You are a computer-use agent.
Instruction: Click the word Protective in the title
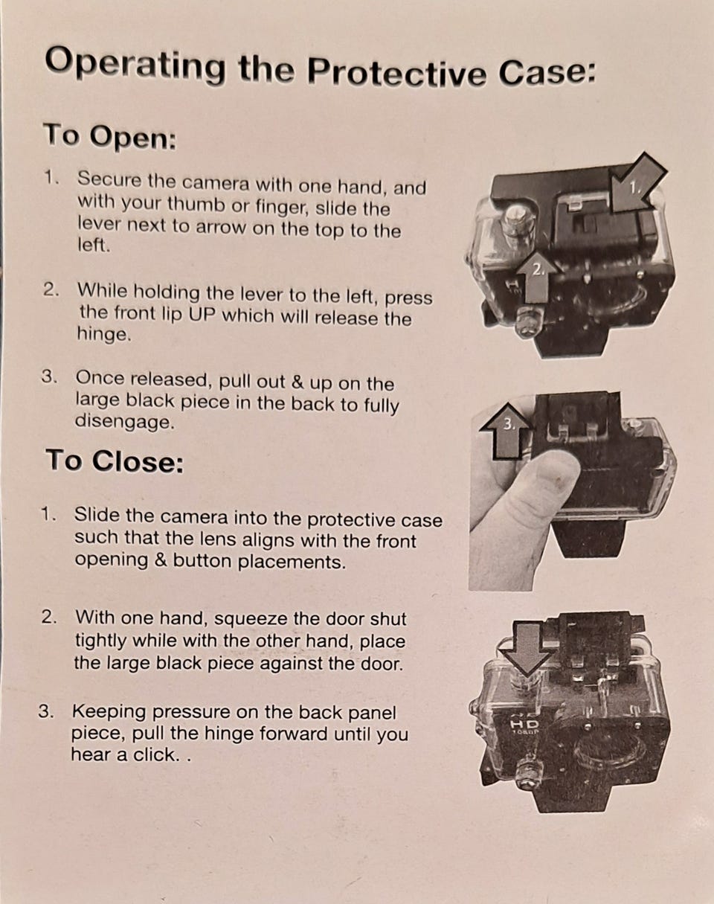(x=396, y=71)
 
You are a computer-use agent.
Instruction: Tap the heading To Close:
(x=115, y=461)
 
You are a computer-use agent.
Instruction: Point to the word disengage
(x=124, y=421)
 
